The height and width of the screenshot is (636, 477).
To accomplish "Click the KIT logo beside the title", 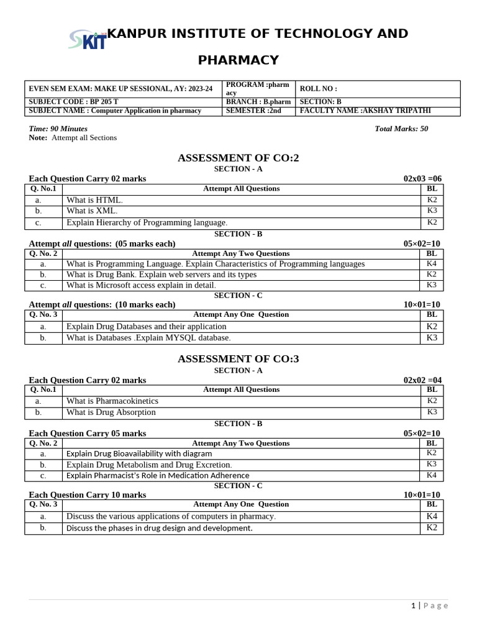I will click(x=86, y=39).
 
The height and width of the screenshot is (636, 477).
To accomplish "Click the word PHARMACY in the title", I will click(x=238, y=60).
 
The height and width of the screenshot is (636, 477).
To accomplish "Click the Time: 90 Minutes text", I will click(x=58, y=129).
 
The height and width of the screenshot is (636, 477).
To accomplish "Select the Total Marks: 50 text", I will click(x=401, y=129).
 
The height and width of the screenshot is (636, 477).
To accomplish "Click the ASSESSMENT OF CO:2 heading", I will click(x=238, y=158).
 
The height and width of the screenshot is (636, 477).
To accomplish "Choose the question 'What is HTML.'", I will click(x=95, y=200).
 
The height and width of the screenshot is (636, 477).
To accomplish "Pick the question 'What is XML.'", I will click(x=92, y=211).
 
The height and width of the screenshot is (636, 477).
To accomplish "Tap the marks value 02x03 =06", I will click(x=422, y=179).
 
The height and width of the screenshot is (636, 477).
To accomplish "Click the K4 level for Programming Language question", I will click(x=432, y=263).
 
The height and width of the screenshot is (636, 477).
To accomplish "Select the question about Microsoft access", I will click(x=141, y=285).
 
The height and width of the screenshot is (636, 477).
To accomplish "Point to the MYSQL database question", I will click(x=148, y=338).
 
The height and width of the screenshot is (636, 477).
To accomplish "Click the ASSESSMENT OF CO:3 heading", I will click(x=238, y=359).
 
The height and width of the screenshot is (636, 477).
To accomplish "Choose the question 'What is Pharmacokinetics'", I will click(x=112, y=401).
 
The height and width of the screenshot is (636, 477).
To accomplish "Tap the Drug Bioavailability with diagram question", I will click(x=139, y=453).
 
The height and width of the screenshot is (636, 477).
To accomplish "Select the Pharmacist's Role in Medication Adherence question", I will click(x=158, y=476).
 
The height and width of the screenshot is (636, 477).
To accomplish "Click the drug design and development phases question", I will click(x=160, y=529).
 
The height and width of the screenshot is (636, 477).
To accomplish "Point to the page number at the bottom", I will click(x=413, y=606).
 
